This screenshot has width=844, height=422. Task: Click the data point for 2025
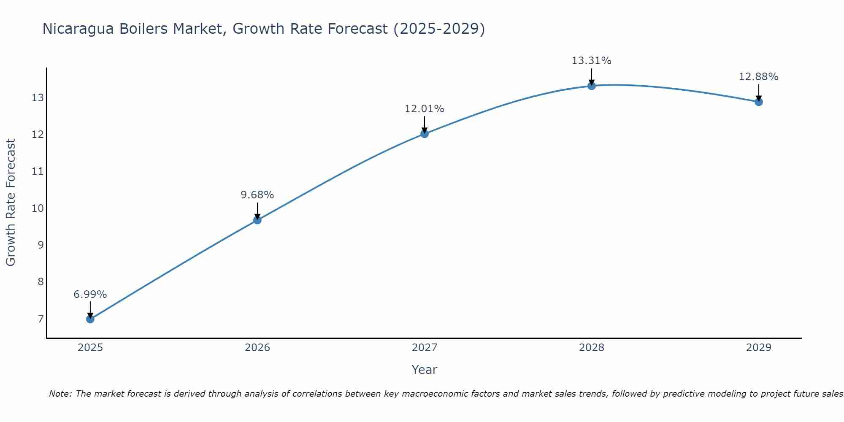(x=90, y=319)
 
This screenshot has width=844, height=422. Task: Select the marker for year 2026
(x=257, y=220)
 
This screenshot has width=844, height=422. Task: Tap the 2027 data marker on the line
(x=425, y=134)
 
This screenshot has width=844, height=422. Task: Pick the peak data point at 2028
(x=592, y=86)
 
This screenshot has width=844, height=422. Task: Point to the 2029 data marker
(x=759, y=102)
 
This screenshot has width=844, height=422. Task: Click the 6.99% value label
(x=90, y=295)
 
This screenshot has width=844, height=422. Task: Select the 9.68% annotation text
(x=257, y=195)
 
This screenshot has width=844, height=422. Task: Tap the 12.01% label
(x=425, y=109)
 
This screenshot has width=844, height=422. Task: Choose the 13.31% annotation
(x=592, y=61)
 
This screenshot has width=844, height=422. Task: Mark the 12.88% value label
(x=759, y=77)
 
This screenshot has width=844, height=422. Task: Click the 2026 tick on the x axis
(x=257, y=348)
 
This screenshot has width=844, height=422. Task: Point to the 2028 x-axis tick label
(x=592, y=348)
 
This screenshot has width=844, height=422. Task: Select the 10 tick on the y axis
(x=38, y=208)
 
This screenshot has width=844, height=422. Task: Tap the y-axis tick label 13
(x=38, y=98)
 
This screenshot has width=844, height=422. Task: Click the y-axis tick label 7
(x=41, y=319)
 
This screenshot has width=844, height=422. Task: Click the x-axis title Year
(x=425, y=370)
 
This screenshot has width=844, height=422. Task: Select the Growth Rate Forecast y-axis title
(x=11, y=203)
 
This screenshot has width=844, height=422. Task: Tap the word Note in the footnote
(x=60, y=394)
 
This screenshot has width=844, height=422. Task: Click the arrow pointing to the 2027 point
(x=425, y=124)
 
